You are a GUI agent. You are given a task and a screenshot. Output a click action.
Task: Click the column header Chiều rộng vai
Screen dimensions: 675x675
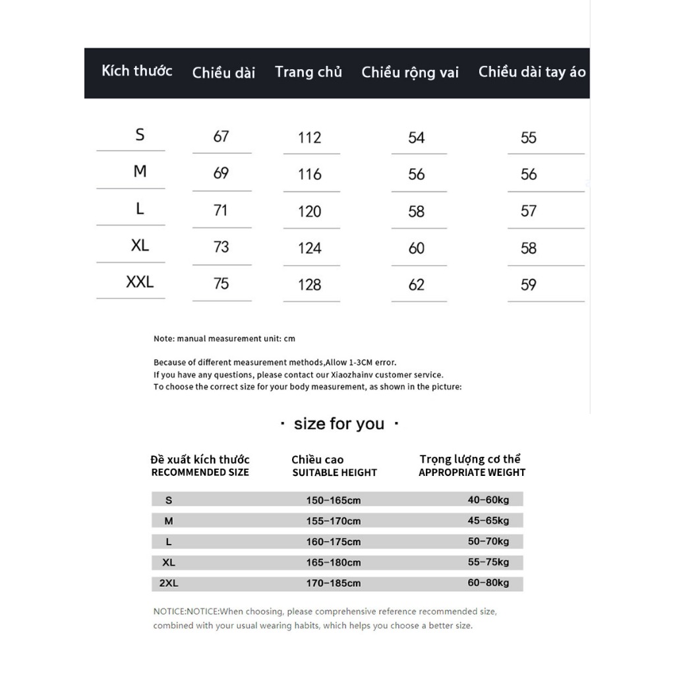click(x=409, y=73)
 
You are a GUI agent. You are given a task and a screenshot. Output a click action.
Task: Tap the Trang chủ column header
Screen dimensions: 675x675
click(x=308, y=72)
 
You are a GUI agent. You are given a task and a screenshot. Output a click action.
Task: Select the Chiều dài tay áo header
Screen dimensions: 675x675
click(x=531, y=72)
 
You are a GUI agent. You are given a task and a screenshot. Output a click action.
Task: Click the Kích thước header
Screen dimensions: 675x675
click(x=136, y=71)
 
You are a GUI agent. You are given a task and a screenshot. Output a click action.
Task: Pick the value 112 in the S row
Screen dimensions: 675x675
click(x=309, y=138)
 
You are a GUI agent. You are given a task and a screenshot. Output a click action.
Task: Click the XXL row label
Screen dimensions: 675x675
click(x=140, y=282)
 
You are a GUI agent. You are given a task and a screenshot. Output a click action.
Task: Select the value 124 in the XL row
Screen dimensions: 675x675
click(x=309, y=249)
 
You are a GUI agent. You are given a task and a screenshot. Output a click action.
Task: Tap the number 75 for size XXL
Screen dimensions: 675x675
click(x=221, y=283)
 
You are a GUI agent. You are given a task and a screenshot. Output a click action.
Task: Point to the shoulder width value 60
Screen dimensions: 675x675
click(x=417, y=249)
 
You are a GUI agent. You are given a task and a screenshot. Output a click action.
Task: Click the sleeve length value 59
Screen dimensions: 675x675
click(x=529, y=285)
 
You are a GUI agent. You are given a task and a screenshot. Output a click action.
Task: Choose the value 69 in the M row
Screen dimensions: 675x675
click(x=221, y=173)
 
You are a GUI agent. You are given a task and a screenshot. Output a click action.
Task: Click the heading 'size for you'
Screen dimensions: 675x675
click(x=339, y=424)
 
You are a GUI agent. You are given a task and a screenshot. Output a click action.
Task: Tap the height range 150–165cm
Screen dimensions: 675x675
click(x=333, y=500)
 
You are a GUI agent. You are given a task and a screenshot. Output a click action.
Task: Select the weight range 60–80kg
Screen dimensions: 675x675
click(x=488, y=583)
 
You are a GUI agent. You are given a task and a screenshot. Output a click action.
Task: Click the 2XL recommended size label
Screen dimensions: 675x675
click(x=169, y=583)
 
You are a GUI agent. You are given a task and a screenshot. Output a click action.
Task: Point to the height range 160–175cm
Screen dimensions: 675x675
click(x=333, y=542)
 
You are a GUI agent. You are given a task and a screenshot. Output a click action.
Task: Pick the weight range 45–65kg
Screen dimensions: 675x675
click(x=488, y=521)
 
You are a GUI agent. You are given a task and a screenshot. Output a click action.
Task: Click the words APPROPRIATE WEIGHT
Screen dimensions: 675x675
click(x=472, y=473)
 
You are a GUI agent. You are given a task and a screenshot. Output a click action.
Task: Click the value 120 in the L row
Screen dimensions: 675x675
click(x=309, y=212)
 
